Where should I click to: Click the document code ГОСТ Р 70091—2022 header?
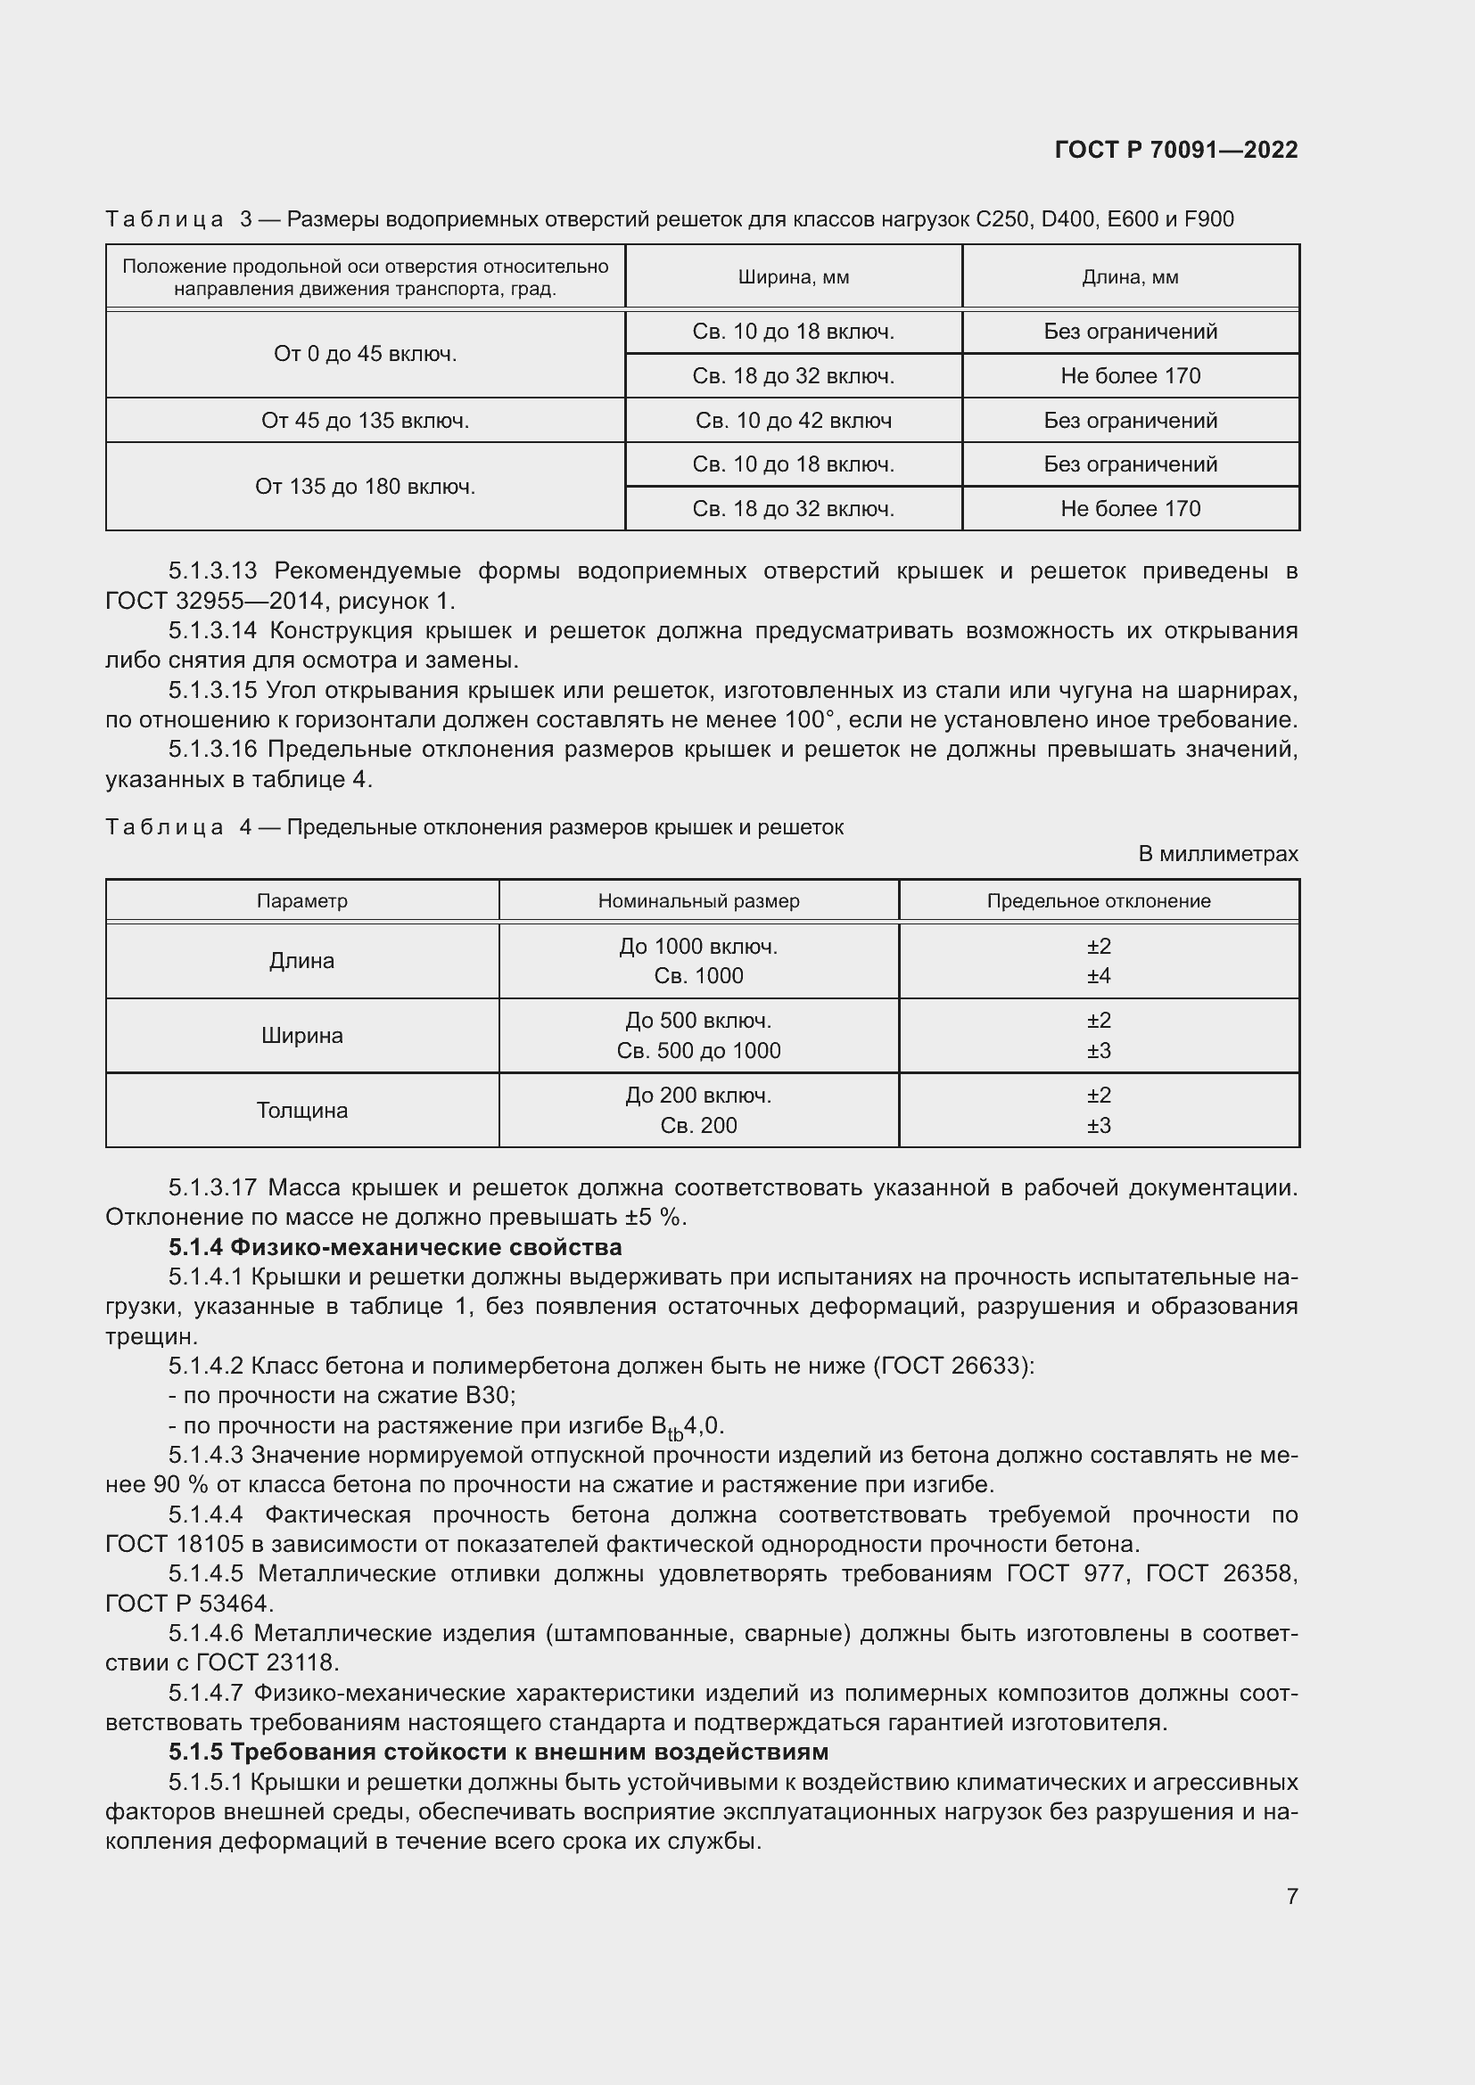click(x=1176, y=150)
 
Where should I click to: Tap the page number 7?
click(x=1291, y=1896)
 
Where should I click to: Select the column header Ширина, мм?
click(x=793, y=277)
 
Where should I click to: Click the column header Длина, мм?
click(x=1130, y=277)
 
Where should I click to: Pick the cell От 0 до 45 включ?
click(x=365, y=353)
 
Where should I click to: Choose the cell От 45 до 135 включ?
click(x=365, y=421)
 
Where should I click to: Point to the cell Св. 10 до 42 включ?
click(x=793, y=421)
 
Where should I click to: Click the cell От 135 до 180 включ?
click(x=365, y=487)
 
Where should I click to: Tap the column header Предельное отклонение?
click(x=1098, y=901)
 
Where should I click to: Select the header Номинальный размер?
click(x=698, y=901)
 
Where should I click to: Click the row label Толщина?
click(x=301, y=1111)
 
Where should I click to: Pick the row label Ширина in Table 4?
click(x=301, y=1035)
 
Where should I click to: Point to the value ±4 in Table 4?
click(x=1099, y=976)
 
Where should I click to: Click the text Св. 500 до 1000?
click(x=698, y=1051)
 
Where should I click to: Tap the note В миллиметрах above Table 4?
click(x=1218, y=854)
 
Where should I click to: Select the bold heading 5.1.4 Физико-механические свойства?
click(x=395, y=1247)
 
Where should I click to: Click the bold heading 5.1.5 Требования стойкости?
click(x=498, y=1752)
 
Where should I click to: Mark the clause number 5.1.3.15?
click(x=212, y=691)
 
